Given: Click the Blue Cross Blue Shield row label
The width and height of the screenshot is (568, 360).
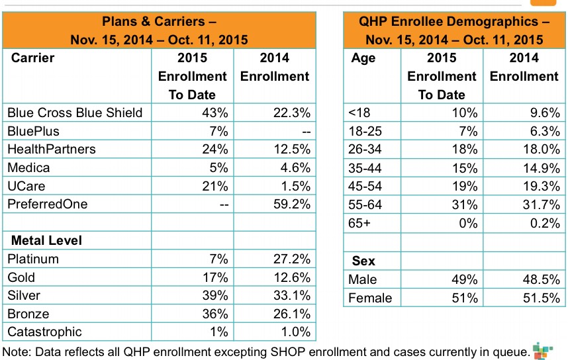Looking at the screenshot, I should (x=74, y=112).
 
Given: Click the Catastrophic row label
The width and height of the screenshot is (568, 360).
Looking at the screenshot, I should (x=44, y=332).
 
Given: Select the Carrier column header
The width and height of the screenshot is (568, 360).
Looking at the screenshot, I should (x=33, y=58).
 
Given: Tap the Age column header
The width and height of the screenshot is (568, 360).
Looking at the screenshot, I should (x=363, y=58).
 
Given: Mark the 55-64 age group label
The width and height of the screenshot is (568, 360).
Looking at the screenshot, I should (x=365, y=204).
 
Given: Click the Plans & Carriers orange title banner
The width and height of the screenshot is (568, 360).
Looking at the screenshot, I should (x=159, y=30).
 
